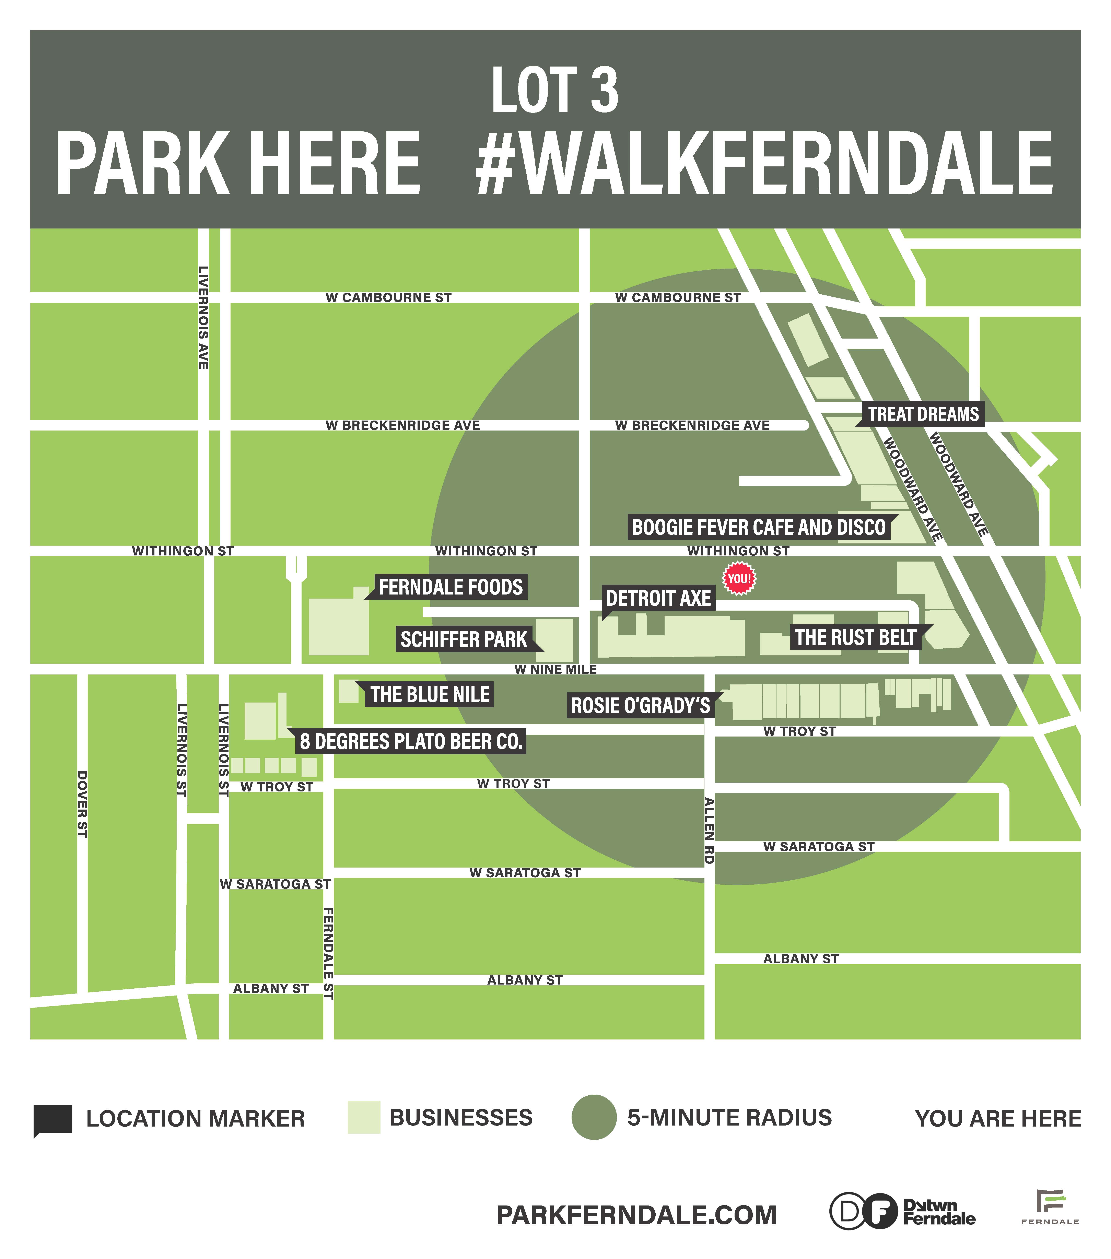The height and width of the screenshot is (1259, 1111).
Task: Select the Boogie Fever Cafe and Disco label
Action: pos(759,527)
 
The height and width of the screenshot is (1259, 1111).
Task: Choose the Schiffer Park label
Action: pos(464,639)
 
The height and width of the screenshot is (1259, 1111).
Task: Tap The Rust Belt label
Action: pos(855,637)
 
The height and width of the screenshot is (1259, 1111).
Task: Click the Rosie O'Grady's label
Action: pos(641,705)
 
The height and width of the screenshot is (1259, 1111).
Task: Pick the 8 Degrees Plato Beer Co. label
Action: pos(411,742)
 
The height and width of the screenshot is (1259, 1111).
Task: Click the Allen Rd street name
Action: pos(710,830)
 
